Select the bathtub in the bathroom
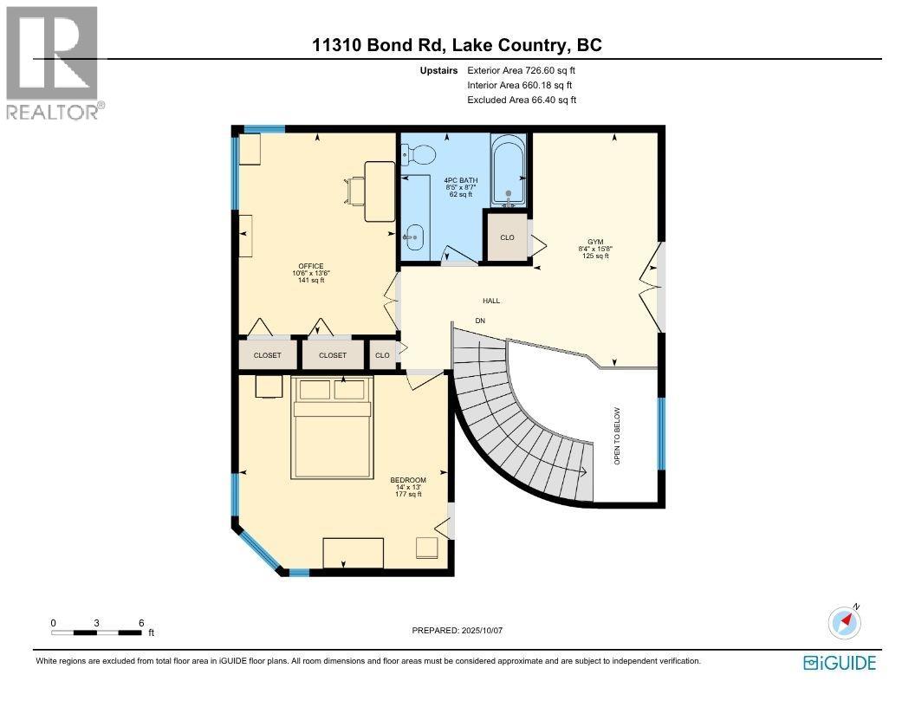(509, 171)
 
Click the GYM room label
(595, 242)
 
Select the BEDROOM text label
(408, 480)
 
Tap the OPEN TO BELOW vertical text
(618, 436)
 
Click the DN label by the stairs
(481, 321)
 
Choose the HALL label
(491, 301)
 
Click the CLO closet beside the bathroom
(507, 237)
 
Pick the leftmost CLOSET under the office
(268, 355)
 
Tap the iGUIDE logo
(840, 663)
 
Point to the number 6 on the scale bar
(140, 623)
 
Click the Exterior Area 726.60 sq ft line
(520, 69)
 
